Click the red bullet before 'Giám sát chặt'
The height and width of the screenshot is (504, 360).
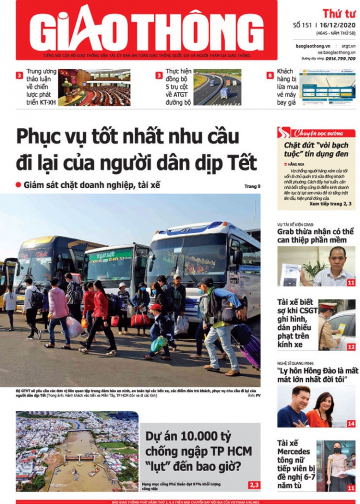pyautogui.click(x=18, y=185)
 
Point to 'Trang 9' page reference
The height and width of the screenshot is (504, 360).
pyautogui.click(x=252, y=186)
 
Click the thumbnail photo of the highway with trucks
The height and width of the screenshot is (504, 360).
pyautogui.click(x=217, y=87)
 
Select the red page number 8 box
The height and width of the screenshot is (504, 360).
pyautogui.click(x=270, y=76)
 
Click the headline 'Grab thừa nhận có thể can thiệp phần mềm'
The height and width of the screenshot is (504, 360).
pyautogui.click(x=316, y=236)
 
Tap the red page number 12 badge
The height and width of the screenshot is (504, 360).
pyautogui.click(x=351, y=347)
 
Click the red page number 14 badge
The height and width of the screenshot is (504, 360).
pyautogui.click(x=351, y=424)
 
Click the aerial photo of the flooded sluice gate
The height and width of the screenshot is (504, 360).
pyautogui.click(x=77, y=451)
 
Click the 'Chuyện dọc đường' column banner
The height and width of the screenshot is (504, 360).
pyautogui.click(x=316, y=133)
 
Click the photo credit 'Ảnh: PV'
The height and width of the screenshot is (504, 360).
pyautogui.click(x=254, y=395)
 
